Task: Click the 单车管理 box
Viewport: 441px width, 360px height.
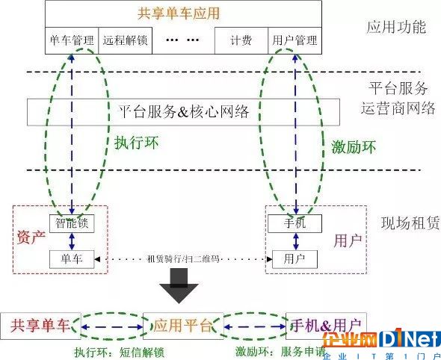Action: (x=72, y=40)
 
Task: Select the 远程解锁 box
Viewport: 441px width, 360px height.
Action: (x=125, y=40)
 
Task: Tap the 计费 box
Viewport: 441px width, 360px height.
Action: (x=241, y=40)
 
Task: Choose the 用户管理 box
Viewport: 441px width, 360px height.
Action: (x=294, y=40)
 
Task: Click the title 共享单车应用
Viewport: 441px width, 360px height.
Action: (x=179, y=13)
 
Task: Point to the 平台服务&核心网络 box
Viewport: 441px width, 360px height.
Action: (x=183, y=112)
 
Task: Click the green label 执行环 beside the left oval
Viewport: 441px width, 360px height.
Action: (x=136, y=143)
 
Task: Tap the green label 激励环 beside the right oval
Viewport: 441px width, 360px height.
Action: (x=354, y=146)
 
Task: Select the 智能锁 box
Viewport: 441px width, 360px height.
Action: (x=72, y=224)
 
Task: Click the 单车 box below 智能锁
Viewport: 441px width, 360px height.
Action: (x=72, y=259)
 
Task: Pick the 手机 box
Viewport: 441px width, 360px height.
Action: (x=294, y=224)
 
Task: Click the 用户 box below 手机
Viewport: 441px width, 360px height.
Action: (x=294, y=259)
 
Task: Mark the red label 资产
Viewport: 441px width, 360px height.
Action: (x=31, y=238)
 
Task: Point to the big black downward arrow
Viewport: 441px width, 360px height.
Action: (x=179, y=285)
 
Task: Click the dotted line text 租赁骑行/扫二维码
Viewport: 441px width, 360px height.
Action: (x=183, y=259)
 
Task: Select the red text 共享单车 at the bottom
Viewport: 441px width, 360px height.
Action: (x=40, y=326)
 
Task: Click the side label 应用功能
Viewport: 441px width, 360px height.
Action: (x=396, y=27)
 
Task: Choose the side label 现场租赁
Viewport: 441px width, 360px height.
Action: (x=410, y=223)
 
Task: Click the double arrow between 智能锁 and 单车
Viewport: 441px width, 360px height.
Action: (x=72, y=241)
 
